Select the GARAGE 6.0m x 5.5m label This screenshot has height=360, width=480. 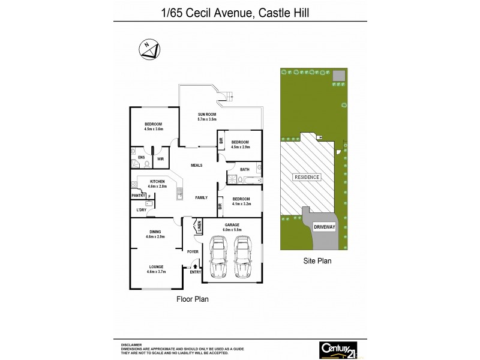tap(232, 227)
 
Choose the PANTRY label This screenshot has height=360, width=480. tap(139, 195)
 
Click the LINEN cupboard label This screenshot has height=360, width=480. tap(198, 226)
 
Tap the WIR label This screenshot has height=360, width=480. tap(160, 159)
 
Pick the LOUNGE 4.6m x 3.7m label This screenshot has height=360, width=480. tap(157, 269)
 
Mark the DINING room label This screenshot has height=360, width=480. tap(155, 234)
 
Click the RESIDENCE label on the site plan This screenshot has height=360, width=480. tap(307, 177)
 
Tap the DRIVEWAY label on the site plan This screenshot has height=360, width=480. tap(325, 227)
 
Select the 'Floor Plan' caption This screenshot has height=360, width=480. tap(192, 298)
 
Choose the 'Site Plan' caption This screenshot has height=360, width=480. tap(316, 261)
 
